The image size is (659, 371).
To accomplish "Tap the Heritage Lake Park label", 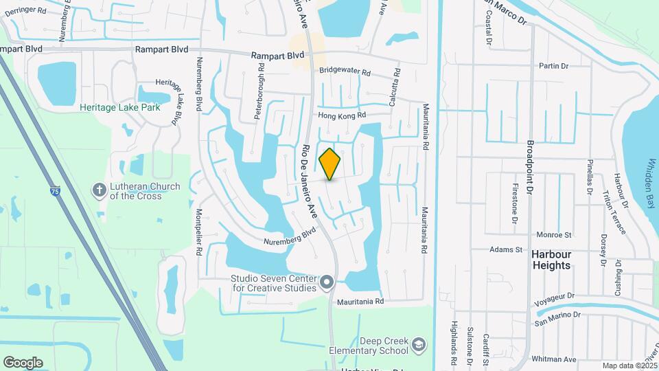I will (x=119, y=107).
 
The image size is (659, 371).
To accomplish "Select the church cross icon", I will (x=100, y=190).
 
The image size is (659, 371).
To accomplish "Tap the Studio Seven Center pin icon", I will (x=327, y=282).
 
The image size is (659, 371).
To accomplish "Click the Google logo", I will (x=23, y=363).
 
